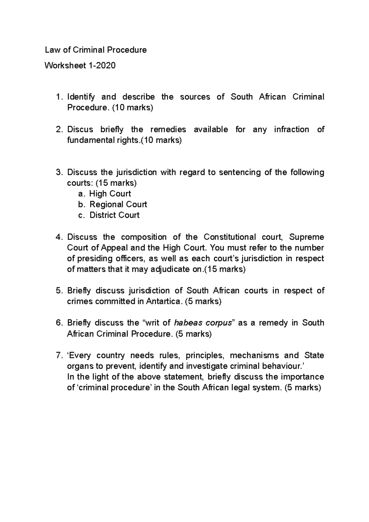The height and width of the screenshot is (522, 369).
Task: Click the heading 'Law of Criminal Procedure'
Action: [96, 50]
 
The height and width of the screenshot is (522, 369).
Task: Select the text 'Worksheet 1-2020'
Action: [80, 65]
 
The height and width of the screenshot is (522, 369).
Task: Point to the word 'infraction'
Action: [291, 129]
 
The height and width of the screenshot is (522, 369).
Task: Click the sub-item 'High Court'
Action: [110, 194]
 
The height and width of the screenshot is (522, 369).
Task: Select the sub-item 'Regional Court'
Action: [118, 204]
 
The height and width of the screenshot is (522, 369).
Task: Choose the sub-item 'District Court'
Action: [114, 215]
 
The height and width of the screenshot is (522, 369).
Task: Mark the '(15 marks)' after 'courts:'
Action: [116, 183]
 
